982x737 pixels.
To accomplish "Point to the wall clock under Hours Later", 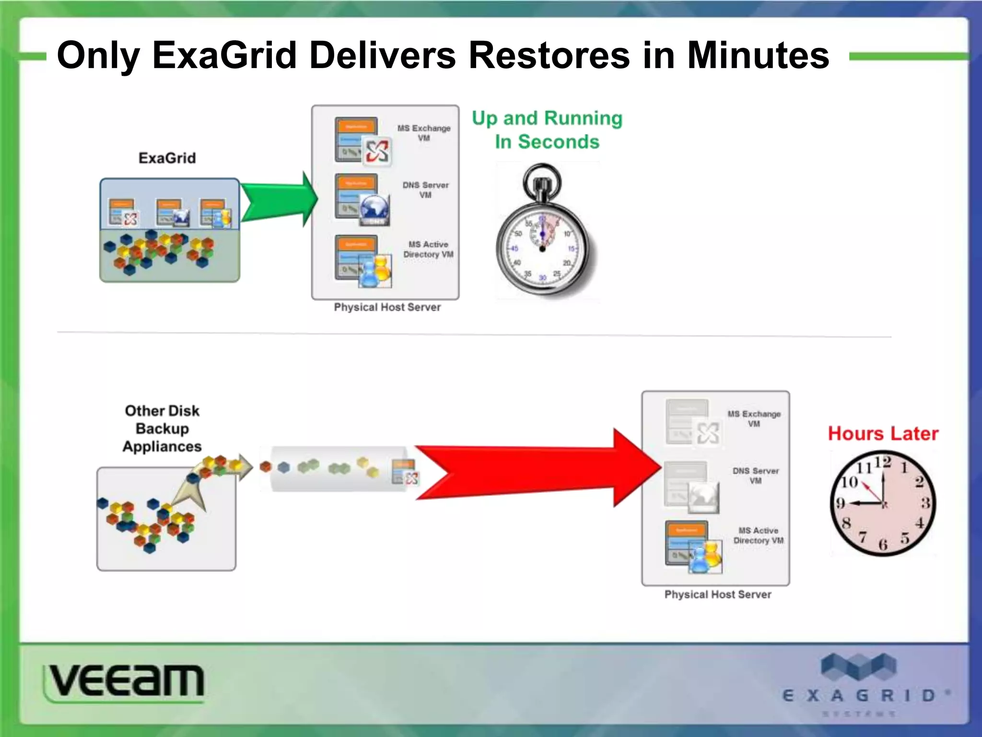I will tap(883, 503).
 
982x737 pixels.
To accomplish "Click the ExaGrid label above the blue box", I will tap(167, 158).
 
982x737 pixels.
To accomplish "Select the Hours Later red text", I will tap(883, 433).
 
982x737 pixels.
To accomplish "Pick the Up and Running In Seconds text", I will tap(547, 130).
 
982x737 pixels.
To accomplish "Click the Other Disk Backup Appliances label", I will tap(162, 428).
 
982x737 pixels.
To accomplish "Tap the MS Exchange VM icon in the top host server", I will tap(363, 142).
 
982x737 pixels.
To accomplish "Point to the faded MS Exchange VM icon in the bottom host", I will tap(693, 423).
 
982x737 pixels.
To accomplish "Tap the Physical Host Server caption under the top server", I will tap(387, 307).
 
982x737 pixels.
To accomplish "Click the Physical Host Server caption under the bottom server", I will tap(717, 594).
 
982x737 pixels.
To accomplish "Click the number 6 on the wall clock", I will tap(883, 544).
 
